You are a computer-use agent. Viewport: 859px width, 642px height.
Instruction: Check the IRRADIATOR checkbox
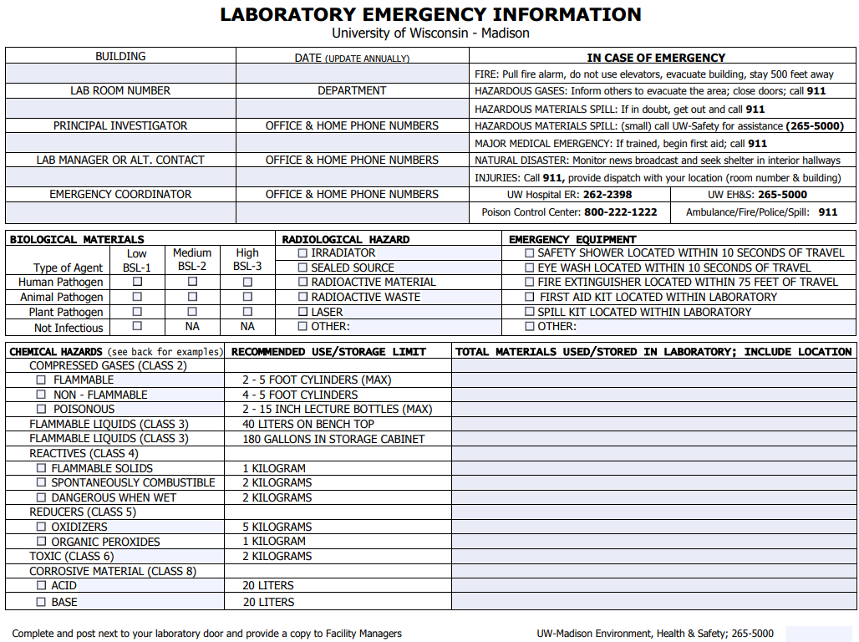click(302, 252)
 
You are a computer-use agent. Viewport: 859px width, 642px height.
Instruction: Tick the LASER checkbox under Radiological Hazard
click(302, 312)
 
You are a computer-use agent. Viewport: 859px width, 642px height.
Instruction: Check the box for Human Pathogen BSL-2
click(192, 282)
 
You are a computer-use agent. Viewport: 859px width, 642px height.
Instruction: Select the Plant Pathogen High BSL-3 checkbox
click(247, 312)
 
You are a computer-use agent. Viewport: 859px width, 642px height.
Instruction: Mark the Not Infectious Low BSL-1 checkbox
click(137, 326)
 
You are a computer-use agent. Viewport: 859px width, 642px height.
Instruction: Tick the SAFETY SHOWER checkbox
click(529, 252)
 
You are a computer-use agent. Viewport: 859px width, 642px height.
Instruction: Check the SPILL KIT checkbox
click(529, 312)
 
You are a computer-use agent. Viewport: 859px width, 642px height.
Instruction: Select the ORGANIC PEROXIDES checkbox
click(41, 542)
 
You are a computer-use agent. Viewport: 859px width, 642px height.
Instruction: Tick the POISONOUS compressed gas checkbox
click(41, 409)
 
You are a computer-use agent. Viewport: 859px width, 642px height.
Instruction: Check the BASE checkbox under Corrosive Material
click(41, 601)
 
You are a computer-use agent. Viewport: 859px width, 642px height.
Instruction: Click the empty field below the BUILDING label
click(120, 74)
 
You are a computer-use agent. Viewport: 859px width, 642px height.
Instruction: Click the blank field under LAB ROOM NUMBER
click(120, 108)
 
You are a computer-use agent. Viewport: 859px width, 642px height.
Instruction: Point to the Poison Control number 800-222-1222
click(620, 212)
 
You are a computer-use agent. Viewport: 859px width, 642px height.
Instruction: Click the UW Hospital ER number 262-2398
click(607, 195)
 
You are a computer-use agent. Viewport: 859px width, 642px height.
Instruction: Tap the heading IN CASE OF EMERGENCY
click(656, 58)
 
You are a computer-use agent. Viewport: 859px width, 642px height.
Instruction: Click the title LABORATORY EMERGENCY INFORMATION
click(430, 15)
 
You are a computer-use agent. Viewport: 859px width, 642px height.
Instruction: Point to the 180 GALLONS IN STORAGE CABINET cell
click(333, 439)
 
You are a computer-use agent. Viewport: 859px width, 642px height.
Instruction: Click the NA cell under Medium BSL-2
click(192, 327)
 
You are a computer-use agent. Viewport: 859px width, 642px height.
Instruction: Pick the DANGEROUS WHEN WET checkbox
click(41, 497)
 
